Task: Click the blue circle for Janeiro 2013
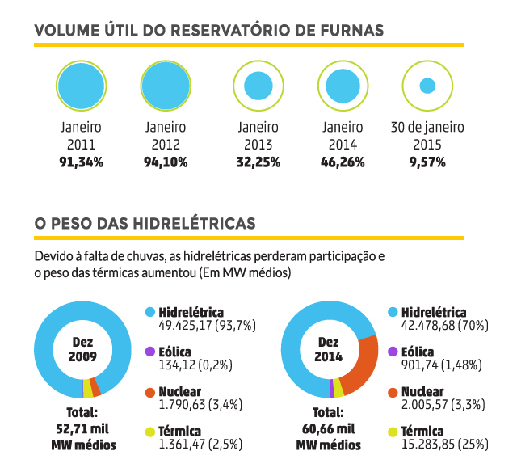click(x=258, y=85)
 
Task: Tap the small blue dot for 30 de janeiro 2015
click(x=427, y=85)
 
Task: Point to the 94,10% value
click(x=166, y=162)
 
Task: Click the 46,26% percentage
click(x=343, y=162)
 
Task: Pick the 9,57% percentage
click(x=427, y=162)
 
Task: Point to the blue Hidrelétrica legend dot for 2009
click(x=149, y=312)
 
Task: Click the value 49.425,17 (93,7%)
click(x=199, y=326)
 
